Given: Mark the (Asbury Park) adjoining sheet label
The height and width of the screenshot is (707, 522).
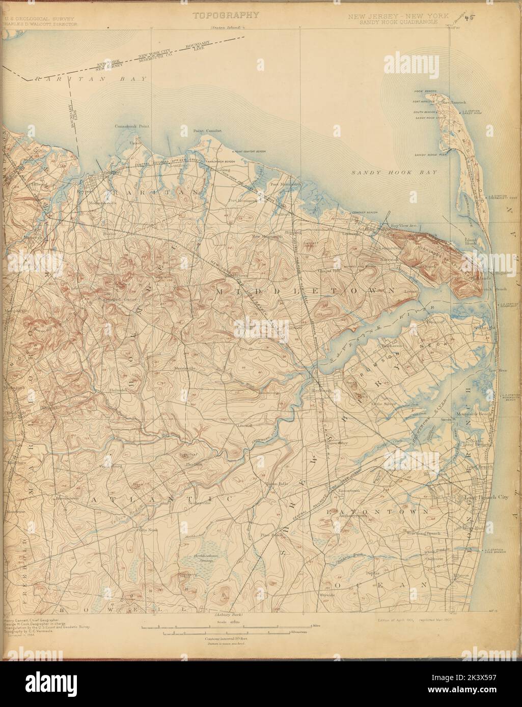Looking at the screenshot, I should (x=226, y=615).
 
